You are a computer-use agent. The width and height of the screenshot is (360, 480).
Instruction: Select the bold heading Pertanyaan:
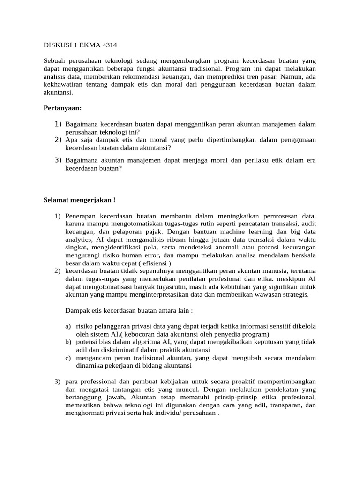click(62, 108)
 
